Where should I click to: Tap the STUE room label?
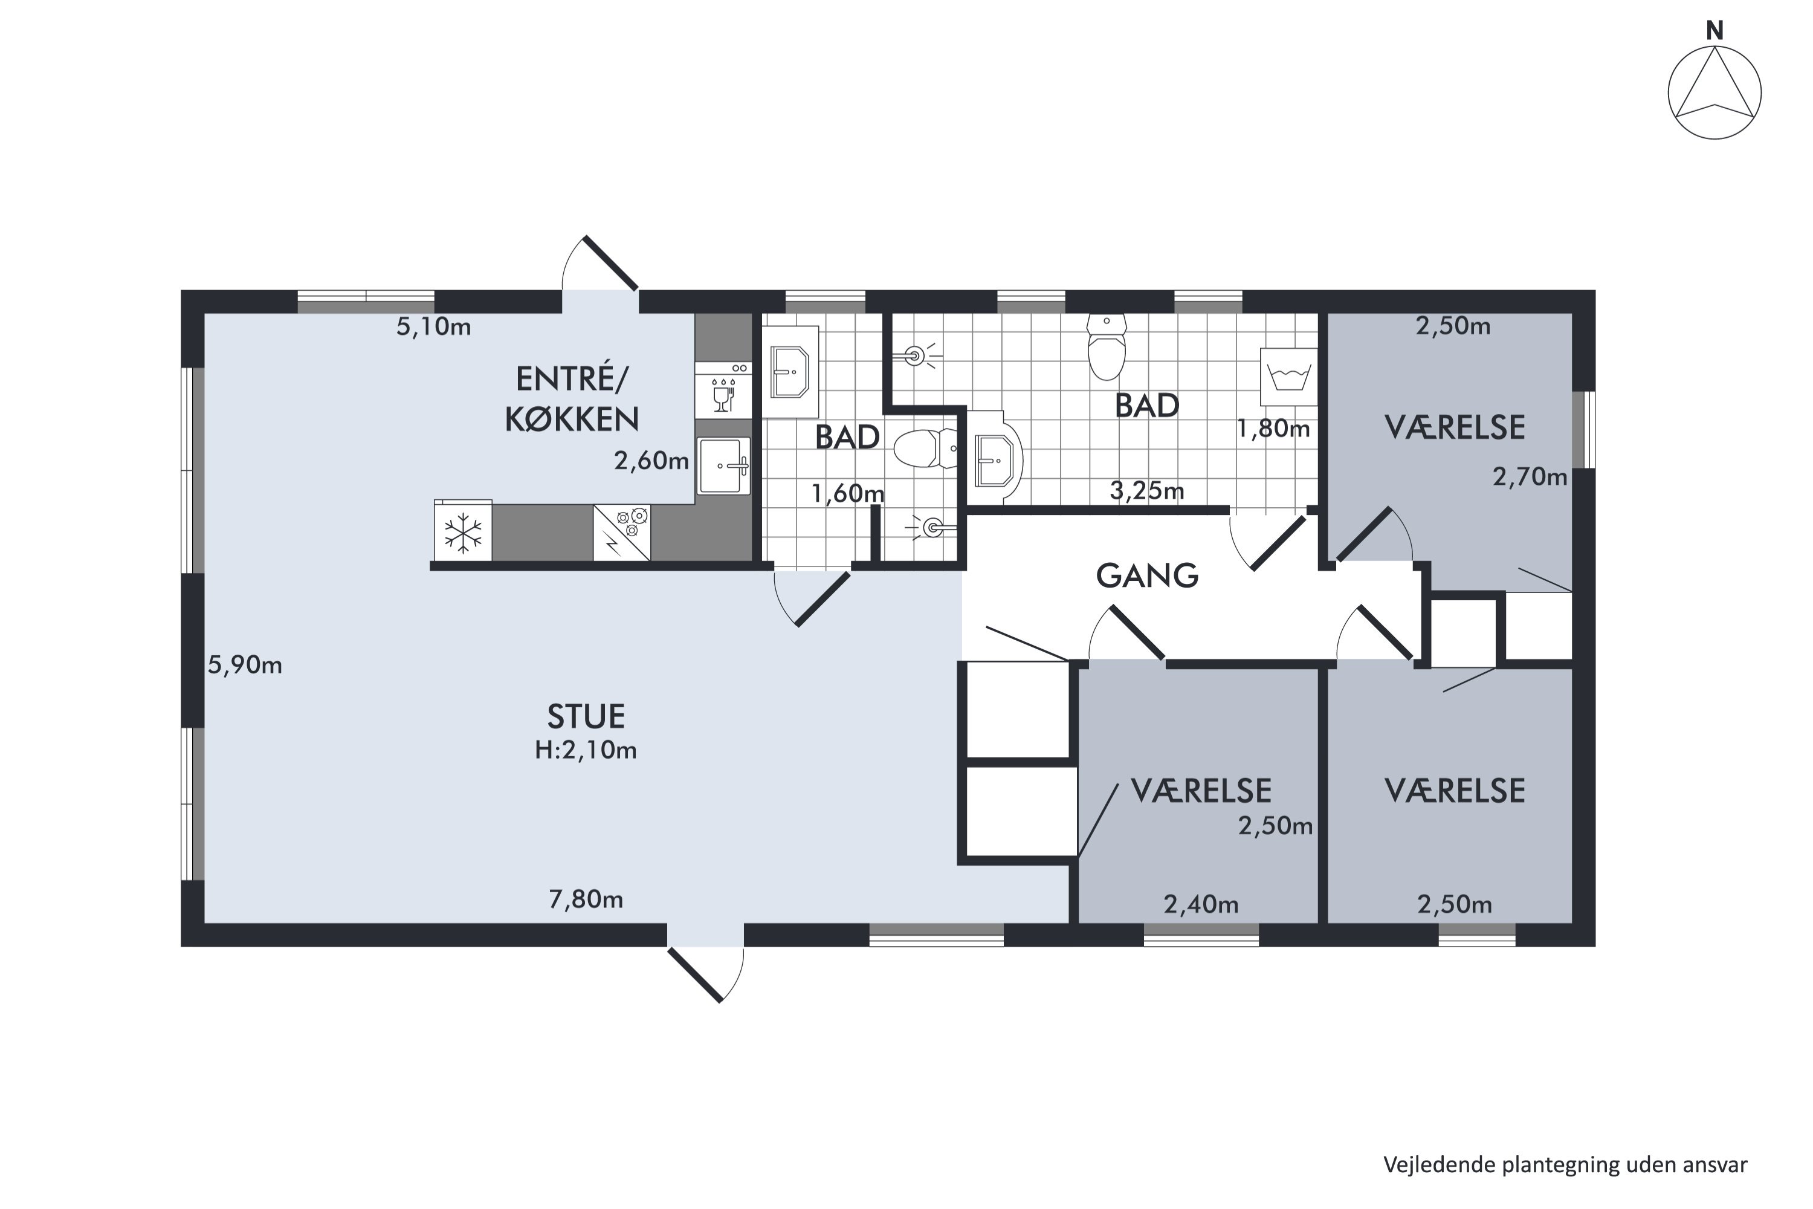(x=586, y=717)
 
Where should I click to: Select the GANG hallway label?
(x=1147, y=575)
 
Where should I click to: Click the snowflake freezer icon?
(x=462, y=533)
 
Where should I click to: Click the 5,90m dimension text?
(x=245, y=664)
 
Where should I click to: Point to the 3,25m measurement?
(x=1147, y=490)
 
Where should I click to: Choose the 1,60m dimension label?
(x=848, y=493)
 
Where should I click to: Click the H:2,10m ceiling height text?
(x=586, y=750)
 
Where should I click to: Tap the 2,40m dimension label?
(x=1201, y=904)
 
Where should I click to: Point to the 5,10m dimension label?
(x=433, y=327)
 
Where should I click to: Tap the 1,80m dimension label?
(x=1273, y=429)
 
